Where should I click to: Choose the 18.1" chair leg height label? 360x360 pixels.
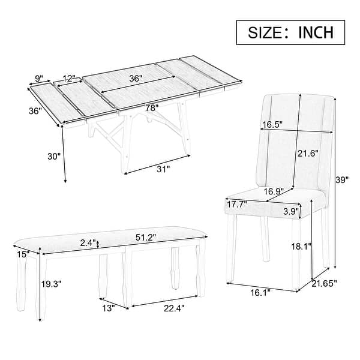tap(301, 246)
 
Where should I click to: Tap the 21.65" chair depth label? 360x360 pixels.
tap(328, 283)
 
